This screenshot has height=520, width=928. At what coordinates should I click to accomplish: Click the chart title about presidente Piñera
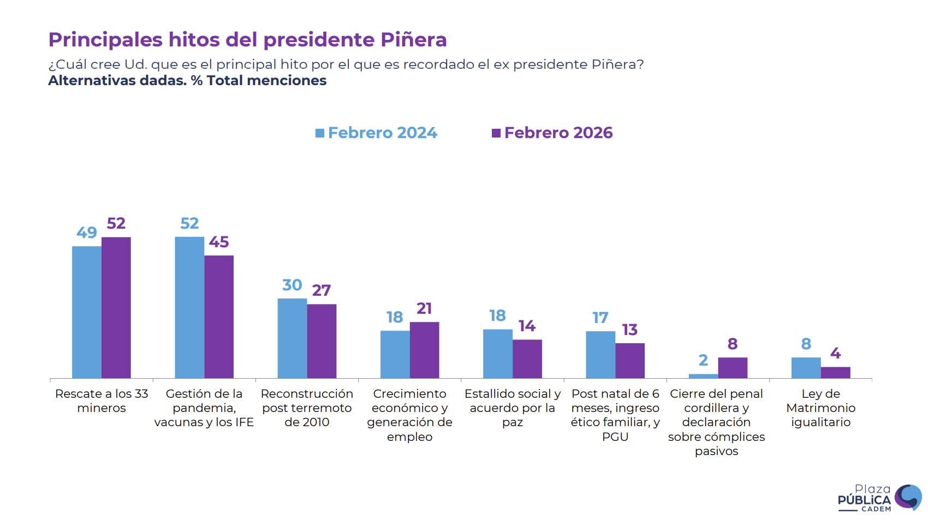click(247, 40)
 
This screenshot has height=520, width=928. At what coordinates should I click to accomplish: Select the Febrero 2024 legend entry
click(376, 133)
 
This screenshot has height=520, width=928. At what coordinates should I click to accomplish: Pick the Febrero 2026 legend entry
click(552, 133)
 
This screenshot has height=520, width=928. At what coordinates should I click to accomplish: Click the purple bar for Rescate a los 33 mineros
click(116, 308)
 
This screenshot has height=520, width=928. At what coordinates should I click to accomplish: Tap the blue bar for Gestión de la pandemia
click(189, 308)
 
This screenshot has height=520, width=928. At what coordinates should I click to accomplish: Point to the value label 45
click(219, 242)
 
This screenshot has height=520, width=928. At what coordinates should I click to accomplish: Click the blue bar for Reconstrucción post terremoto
click(292, 338)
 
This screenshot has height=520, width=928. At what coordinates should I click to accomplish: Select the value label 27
click(322, 290)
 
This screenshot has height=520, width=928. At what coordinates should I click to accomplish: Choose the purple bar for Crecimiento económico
click(424, 350)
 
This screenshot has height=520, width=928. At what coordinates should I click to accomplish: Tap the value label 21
click(424, 308)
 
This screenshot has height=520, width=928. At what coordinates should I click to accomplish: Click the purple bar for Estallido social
click(527, 358)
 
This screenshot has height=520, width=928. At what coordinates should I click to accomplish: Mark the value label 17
click(600, 318)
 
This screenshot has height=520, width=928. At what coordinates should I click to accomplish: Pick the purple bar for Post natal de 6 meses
click(630, 360)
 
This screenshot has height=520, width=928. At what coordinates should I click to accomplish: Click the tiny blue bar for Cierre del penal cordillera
click(703, 376)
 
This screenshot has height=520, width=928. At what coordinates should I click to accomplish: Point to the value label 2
click(703, 360)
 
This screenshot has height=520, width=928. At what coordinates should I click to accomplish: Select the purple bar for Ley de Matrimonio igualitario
click(836, 372)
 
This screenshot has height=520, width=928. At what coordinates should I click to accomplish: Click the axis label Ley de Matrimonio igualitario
click(820, 408)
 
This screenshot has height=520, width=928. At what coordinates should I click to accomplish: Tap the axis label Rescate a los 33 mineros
click(102, 401)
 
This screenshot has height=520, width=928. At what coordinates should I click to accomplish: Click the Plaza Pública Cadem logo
click(879, 498)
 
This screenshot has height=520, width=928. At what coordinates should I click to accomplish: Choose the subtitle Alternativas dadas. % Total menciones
click(187, 81)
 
